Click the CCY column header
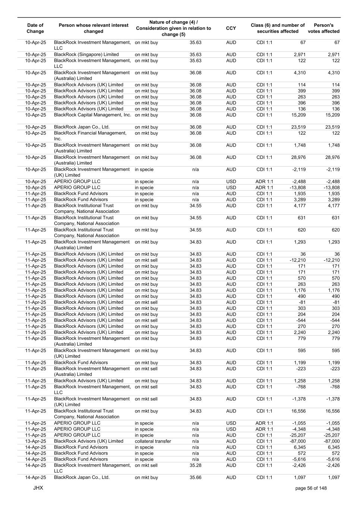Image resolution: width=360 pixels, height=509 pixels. pos(231,28)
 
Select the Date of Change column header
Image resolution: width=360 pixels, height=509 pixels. pos(35,28)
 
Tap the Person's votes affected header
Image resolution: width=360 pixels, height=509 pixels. pos(323,28)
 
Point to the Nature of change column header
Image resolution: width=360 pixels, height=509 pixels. pos(173,28)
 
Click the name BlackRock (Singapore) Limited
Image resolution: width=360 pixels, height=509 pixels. pos(86,54)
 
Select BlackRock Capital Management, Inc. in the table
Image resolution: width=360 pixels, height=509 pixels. pos(93,115)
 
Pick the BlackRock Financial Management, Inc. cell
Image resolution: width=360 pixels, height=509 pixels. pos(90,136)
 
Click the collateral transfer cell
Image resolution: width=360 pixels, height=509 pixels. pos(153,441)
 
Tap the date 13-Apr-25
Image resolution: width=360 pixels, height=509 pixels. pos(35,441)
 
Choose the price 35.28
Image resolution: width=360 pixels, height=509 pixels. pos(195,465)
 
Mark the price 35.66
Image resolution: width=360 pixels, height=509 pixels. pos(195,477)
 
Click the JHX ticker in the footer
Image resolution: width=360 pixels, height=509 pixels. pos(38,488)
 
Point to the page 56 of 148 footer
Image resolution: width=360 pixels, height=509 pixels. pos(311,488)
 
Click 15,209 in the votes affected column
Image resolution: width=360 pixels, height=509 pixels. pos(331,115)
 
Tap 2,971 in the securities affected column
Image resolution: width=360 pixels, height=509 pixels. pos(300,54)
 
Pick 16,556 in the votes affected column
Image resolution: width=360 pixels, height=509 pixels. pos(331,411)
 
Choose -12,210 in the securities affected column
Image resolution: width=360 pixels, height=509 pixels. pos(297,260)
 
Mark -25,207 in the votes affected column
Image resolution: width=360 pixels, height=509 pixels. pos(331,435)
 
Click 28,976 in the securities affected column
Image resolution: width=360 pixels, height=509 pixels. pos(298,157)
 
